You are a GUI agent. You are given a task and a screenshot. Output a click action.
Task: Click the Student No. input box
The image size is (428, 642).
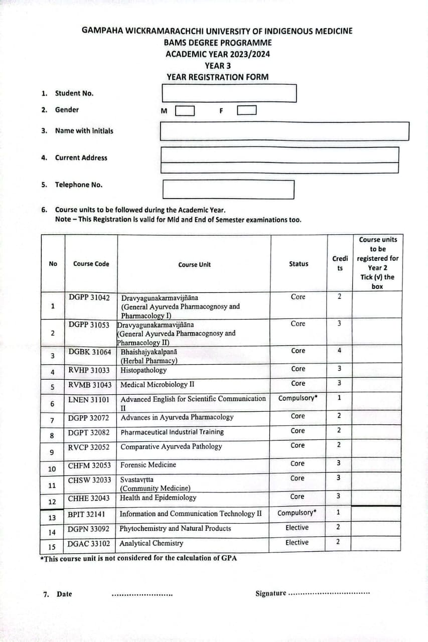229,93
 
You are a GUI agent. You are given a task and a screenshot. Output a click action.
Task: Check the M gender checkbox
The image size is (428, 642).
185,110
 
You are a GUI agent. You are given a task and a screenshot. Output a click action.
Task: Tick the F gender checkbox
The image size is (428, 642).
247,110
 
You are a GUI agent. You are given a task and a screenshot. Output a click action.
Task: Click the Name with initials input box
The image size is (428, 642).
284,131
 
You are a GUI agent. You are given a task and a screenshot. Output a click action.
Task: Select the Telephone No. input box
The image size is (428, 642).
228,189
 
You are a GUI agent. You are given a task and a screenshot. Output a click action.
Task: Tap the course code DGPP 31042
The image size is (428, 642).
89,297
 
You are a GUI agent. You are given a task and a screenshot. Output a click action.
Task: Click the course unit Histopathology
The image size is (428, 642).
144,371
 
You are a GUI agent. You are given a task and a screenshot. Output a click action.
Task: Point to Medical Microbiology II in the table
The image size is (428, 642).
157,385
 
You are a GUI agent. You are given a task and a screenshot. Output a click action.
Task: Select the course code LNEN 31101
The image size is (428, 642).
88,400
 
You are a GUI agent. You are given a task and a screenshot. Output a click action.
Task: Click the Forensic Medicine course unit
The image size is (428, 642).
148,465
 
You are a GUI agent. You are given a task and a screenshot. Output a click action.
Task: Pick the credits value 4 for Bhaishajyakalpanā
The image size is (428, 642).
339,351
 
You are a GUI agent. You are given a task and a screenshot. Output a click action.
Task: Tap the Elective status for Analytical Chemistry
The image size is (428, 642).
297,542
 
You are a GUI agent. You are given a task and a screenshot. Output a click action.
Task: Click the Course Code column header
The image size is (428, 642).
91,264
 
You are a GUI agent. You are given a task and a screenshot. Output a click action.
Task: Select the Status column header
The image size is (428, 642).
299,264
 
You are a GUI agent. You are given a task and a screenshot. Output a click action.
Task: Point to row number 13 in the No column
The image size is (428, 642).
52,518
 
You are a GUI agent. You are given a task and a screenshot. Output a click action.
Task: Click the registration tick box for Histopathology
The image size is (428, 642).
377,370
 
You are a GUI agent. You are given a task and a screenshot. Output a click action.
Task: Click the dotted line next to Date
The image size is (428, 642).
142,595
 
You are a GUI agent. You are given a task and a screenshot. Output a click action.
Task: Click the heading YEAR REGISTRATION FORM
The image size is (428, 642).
217,77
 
